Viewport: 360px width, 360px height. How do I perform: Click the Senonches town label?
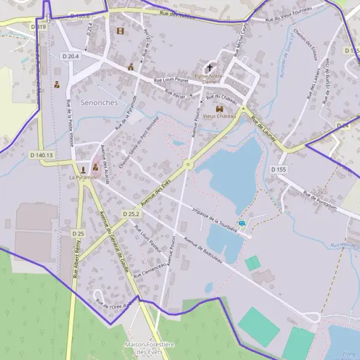click(98, 103)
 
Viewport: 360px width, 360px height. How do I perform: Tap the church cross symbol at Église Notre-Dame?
click(210, 67)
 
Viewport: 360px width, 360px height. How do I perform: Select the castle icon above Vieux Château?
click(220, 109)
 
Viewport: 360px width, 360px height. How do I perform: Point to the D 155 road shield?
click(278, 170)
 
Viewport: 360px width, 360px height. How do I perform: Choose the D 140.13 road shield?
click(41, 155)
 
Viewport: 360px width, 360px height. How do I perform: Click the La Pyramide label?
click(83, 178)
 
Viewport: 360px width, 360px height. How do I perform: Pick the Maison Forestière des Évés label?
click(149, 348)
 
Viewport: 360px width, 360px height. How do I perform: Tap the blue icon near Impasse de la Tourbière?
click(242, 224)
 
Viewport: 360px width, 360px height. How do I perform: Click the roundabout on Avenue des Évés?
click(188, 164)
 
